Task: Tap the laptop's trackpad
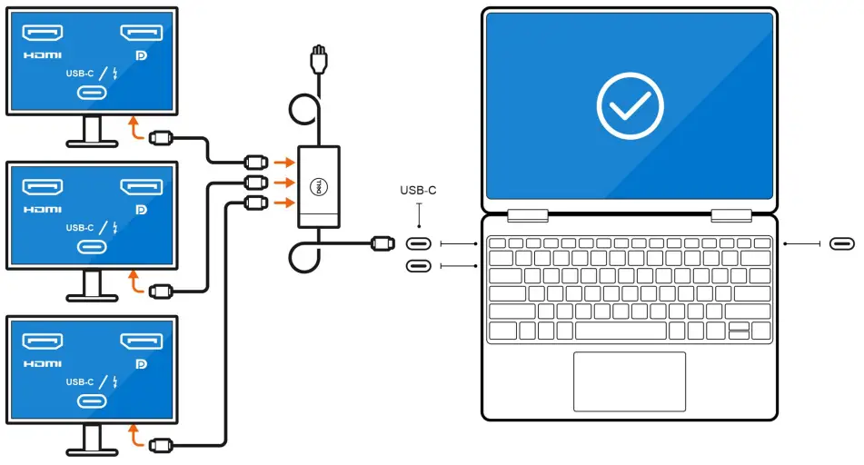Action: click(x=629, y=381)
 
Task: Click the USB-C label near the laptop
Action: click(x=419, y=191)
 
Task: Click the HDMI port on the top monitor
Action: click(x=42, y=34)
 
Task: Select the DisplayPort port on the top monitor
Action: click(x=141, y=34)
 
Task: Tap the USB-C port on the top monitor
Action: click(x=92, y=93)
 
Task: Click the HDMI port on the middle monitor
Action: click(x=42, y=187)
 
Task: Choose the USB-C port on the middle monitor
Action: click(x=92, y=247)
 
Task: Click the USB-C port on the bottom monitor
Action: click(x=92, y=401)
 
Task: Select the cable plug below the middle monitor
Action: click(x=162, y=292)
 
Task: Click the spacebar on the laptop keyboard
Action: click(x=620, y=330)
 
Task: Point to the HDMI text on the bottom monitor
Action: click(x=42, y=363)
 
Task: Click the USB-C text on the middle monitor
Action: click(x=80, y=227)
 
